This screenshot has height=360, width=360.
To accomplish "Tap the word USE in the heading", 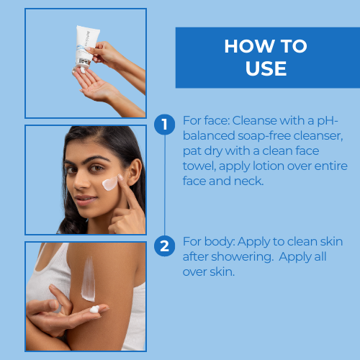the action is click(266, 68).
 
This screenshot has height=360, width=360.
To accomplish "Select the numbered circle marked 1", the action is click(164, 125).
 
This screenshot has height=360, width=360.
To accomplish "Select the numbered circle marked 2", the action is click(164, 246).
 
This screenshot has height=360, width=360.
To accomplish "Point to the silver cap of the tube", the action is click(83, 63).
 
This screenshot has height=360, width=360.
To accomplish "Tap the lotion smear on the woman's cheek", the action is click(110, 184).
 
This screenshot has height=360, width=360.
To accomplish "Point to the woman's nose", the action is click(81, 181).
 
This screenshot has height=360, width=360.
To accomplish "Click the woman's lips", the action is click(85, 200).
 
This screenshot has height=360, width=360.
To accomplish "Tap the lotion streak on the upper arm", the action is click(89, 279).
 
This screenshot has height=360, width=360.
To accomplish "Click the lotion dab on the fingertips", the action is click(94, 309).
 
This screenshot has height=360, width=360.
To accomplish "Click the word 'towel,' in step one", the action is click(199, 166).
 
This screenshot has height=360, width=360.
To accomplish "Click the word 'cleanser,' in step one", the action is click(318, 136).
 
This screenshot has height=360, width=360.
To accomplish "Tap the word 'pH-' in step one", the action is click(328, 121).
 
